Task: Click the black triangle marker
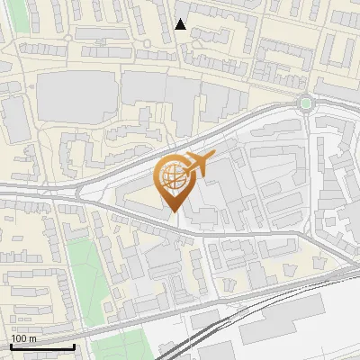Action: click(x=181, y=24)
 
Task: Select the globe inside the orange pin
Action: click(x=173, y=176)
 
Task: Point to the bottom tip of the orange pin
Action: click(x=175, y=211)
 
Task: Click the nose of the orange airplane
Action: click(x=213, y=157)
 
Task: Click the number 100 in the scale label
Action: click(x=20, y=338)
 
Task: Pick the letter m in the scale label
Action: click(x=32, y=338)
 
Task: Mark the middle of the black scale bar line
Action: click(x=41, y=346)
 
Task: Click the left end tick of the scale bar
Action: click(x=10, y=346)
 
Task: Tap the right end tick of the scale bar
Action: click(x=73, y=346)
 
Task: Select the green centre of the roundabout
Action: click(x=307, y=103)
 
